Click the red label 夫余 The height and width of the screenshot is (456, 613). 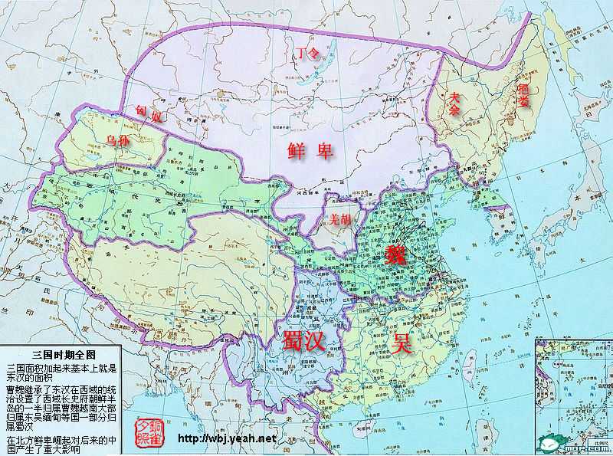click(455, 103)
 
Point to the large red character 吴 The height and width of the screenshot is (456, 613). click(403, 343)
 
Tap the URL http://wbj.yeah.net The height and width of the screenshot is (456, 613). click(226, 438)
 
